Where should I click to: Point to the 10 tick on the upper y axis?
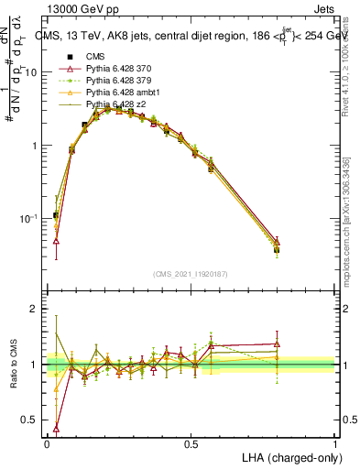pyautogui.click(x=36, y=72)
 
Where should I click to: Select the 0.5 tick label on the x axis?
pyautogui.click(x=191, y=444)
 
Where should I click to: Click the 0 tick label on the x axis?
pyautogui.click(x=47, y=444)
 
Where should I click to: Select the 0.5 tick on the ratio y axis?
pyautogui.click(x=33, y=420)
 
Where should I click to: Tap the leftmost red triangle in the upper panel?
pyautogui.click(x=56, y=241)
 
